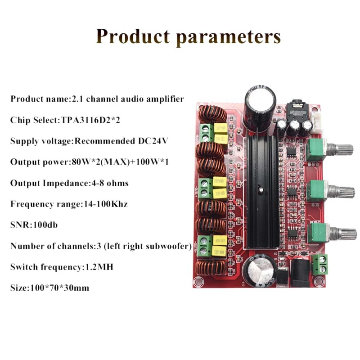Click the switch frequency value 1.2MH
click(99, 266)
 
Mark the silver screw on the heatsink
click(260, 191)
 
